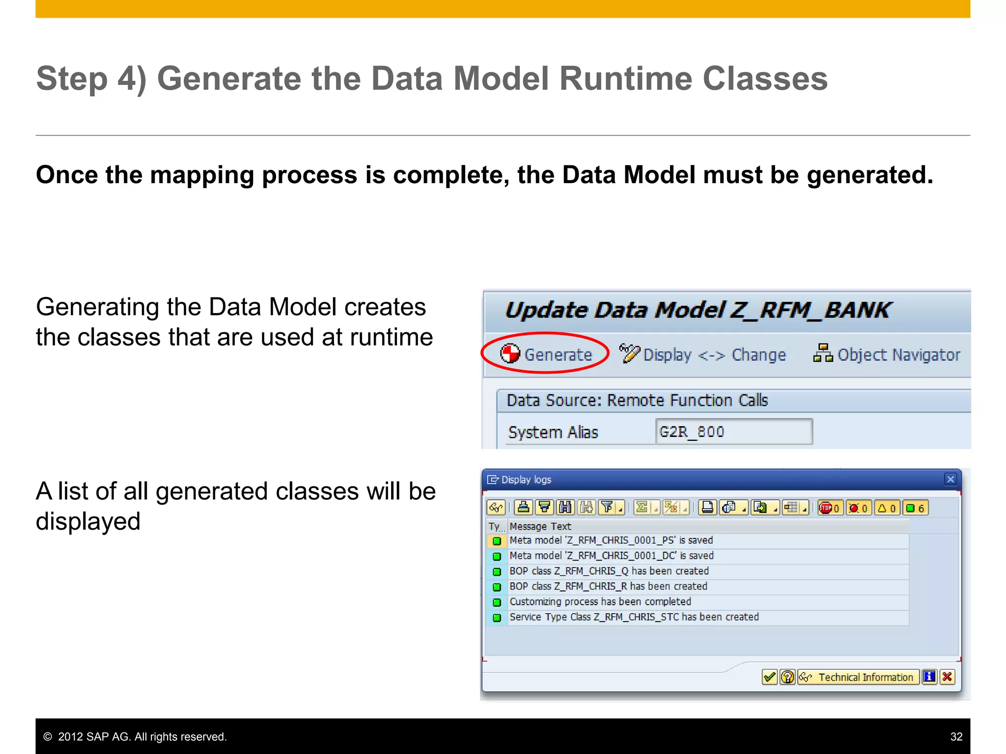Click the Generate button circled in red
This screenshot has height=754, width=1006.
click(546, 354)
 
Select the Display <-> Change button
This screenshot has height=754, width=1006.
click(703, 354)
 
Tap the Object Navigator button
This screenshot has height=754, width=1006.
click(887, 354)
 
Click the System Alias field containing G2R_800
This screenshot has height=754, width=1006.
click(733, 432)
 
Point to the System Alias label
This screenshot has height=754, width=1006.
click(553, 432)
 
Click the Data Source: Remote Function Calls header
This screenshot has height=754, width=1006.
click(637, 401)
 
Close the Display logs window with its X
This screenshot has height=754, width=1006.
click(950, 479)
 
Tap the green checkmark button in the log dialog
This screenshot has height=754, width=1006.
click(769, 677)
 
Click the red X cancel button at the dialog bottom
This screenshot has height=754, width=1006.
click(947, 677)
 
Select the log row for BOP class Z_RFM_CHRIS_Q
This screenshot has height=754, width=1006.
click(609, 571)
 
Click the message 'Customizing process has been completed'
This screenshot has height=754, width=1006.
click(600, 602)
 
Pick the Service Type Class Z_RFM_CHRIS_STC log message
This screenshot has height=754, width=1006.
click(634, 617)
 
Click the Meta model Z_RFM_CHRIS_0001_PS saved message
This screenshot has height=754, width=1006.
click(611, 540)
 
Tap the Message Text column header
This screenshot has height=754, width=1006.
click(540, 526)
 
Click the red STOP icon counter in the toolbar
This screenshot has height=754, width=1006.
click(830, 508)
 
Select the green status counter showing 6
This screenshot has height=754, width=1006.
click(916, 508)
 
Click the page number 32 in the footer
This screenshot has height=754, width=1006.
click(956, 736)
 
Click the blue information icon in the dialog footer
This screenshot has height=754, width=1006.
click(929, 677)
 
